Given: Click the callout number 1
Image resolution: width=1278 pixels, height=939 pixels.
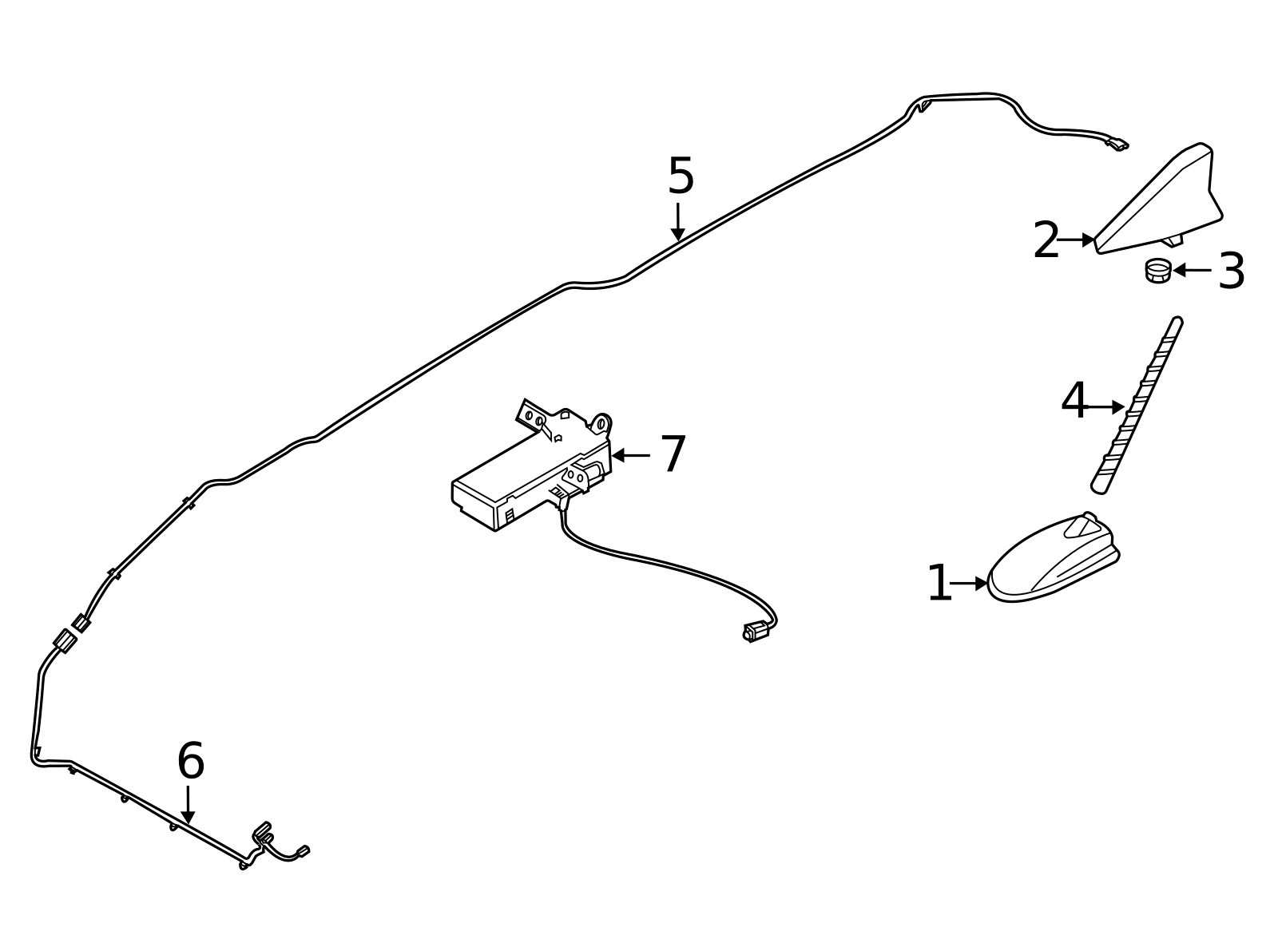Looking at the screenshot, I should (939, 584).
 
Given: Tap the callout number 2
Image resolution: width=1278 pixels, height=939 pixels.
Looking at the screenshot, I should (1046, 240).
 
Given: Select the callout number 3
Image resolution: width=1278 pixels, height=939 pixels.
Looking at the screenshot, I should (1231, 271).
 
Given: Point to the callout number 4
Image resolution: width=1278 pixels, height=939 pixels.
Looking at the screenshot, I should (1074, 401).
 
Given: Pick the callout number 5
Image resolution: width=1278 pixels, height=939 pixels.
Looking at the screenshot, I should (681, 176).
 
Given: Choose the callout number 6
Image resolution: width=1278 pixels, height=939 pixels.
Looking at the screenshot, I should (191, 761).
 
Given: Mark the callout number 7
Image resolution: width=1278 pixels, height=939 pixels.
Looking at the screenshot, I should (673, 454).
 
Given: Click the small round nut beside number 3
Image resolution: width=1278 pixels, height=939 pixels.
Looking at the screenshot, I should (1157, 271).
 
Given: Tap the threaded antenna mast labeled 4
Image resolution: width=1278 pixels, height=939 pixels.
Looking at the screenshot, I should (1137, 405).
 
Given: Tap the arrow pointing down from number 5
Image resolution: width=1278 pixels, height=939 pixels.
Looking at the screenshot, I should (678, 221).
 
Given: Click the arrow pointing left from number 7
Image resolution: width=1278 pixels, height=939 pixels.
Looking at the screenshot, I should (631, 456).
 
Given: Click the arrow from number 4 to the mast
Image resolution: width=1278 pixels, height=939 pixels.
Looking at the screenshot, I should (1106, 407).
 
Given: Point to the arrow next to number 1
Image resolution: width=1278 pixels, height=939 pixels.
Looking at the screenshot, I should (970, 584).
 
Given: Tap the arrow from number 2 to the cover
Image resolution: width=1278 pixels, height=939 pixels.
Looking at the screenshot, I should (1076, 240).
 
